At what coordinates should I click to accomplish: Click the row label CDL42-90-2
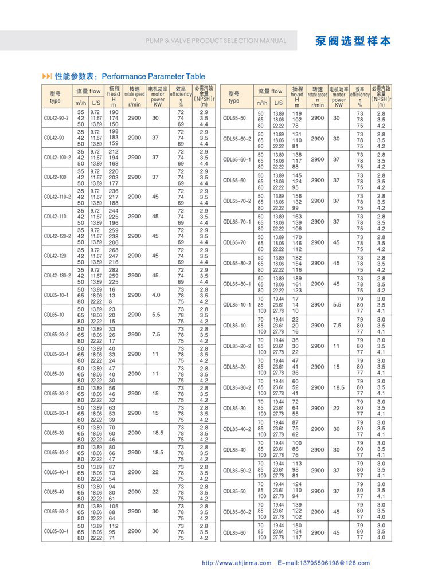56,118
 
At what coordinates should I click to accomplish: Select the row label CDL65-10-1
56,295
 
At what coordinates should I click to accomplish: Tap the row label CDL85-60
234,532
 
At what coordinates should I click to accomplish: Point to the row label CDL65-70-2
237,201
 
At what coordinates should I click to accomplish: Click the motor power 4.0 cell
155,295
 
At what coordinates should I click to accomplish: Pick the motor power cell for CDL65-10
155,315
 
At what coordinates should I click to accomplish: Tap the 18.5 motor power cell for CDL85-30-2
338,387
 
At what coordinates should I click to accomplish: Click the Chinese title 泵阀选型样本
353,41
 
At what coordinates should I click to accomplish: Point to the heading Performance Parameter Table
145,76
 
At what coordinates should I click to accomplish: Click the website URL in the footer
236,563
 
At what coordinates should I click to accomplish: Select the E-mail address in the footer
323,563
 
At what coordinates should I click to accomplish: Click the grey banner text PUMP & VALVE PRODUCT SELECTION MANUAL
216,41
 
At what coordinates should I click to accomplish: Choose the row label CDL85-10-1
237,304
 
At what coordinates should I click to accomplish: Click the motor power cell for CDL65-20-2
155,334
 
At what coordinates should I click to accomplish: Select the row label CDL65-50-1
56,531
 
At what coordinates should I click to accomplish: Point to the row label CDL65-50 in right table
234,118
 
